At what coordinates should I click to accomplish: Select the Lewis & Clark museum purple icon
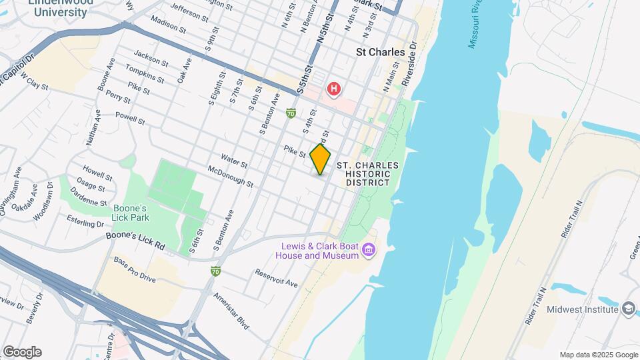369,251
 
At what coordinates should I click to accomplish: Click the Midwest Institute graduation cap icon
628,309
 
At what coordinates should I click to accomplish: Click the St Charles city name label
381,52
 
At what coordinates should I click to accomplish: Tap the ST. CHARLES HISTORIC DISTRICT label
367,173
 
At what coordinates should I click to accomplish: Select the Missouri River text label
478,31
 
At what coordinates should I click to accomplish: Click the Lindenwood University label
61,7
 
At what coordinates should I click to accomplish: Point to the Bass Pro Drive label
135,269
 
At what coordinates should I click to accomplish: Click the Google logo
22,352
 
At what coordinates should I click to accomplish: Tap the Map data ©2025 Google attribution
598,355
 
